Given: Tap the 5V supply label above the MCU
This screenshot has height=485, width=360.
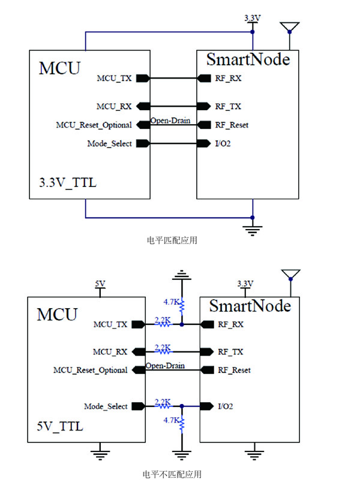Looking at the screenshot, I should (100, 283).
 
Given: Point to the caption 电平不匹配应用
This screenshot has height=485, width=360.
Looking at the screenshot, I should (172, 474).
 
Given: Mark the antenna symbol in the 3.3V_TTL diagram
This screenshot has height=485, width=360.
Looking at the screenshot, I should (290, 28).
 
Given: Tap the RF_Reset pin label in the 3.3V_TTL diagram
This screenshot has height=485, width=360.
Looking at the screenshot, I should (232, 125).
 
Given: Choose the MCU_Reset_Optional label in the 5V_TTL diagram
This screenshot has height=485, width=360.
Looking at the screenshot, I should (91, 370).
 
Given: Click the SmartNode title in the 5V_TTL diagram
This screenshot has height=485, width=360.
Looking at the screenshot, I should (250, 306).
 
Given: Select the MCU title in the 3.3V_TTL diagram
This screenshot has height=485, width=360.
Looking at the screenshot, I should (59, 68).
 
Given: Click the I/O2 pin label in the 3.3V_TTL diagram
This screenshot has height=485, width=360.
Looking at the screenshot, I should (223, 143).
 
